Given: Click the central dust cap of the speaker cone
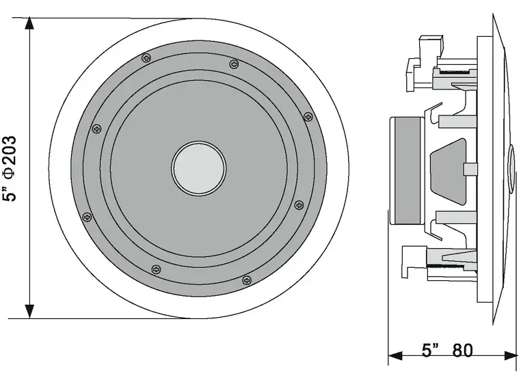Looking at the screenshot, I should (x=198, y=167).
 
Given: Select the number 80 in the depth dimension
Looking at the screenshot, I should (x=462, y=351).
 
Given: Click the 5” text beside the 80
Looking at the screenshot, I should (x=429, y=351).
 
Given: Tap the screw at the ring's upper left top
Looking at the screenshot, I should (x=145, y=59).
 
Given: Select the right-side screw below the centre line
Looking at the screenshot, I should (x=298, y=204).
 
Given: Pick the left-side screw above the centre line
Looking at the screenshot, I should (x=96, y=128).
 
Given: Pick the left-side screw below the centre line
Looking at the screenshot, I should (x=87, y=217).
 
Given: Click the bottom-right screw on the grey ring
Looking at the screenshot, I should (x=247, y=279).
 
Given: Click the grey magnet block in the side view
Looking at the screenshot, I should (x=408, y=170).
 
